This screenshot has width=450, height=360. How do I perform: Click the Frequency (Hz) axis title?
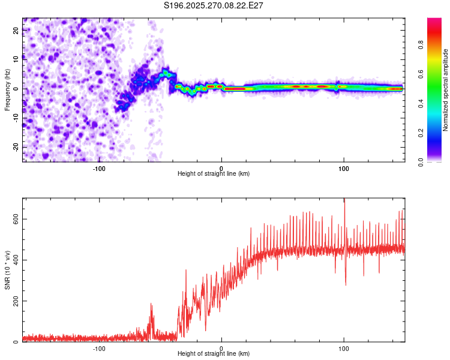pyautogui.click(x=7, y=89)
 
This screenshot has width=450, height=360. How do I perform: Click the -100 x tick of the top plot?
pyautogui.click(x=99, y=169)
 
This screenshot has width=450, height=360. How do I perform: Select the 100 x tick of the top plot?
pyautogui.click(x=344, y=169)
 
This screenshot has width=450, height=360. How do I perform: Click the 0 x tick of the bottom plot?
pyautogui.click(x=221, y=349)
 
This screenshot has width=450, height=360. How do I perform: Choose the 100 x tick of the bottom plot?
pyautogui.click(x=344, y=349)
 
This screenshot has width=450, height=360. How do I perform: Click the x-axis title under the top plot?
pyautogui.click(x=214, y=174)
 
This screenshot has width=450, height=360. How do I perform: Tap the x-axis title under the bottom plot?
pyautogui.click(x=214, y=354)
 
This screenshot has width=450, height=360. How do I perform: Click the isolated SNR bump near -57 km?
pyautogui.click(x=151, y=306)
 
